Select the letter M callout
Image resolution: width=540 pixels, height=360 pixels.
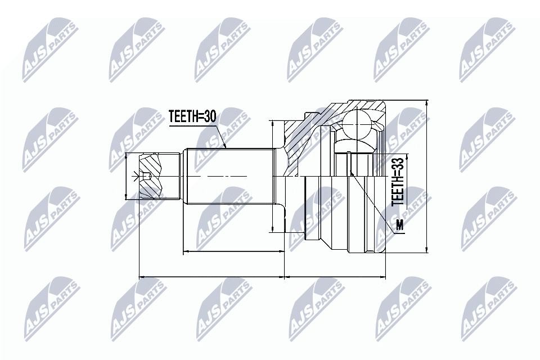click(399, 224)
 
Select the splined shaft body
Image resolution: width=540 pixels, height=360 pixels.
click(229, 176)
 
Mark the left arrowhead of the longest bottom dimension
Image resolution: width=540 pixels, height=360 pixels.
click(141, 276)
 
